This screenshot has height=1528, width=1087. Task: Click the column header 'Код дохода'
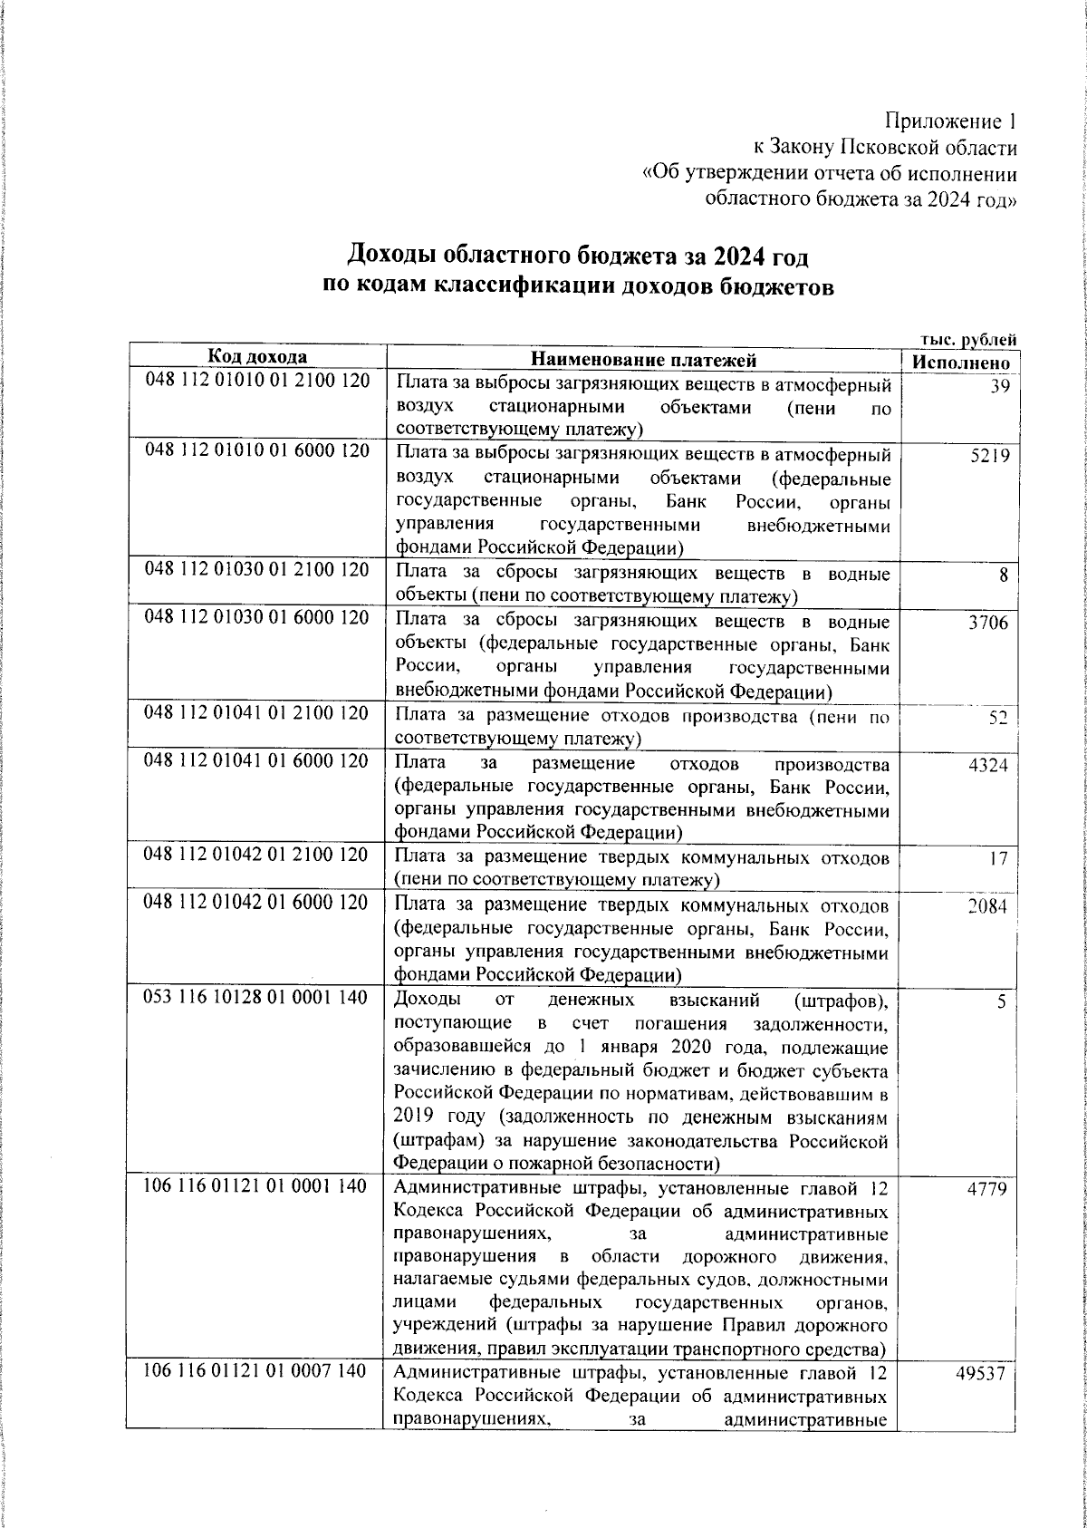click(258, 357)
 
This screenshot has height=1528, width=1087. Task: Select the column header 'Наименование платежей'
click(643, 360)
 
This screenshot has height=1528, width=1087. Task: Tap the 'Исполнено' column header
click(960, 361)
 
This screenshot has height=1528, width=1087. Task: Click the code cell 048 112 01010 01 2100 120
click(258, 381)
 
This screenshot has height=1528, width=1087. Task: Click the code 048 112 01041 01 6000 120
click(258, 760)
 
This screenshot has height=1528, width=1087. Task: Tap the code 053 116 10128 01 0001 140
click(258, 997)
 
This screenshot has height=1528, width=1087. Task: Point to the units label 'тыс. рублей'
click(967, 338)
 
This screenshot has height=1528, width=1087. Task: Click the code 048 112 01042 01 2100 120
click(258, 855)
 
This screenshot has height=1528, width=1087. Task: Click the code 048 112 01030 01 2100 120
click(258, 570)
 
